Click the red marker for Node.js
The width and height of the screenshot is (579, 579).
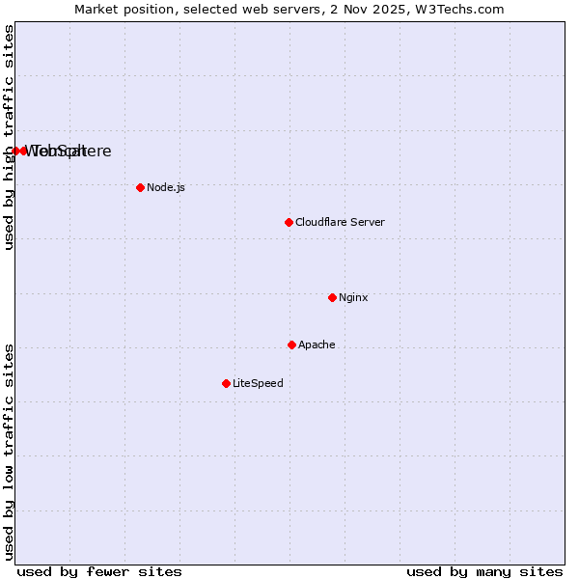click(140, 187)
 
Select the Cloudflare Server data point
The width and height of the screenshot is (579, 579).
click(289, 222)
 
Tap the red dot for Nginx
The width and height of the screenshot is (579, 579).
click(332, 297)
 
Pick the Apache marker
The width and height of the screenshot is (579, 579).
click(291, 345)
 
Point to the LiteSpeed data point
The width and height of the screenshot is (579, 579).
click(226, 383)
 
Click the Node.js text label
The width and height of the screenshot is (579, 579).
click(166, 187)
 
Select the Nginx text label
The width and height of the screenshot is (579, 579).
click(353, 297)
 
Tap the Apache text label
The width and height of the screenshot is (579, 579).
click(317, 345)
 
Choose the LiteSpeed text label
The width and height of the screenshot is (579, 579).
click(258, 383)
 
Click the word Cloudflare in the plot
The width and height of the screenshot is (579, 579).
click(320, 222)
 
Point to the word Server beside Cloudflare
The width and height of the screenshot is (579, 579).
click(367, 222)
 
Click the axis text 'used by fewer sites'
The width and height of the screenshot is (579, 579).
click(99, 571)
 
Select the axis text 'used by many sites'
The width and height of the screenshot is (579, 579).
click(484, 571)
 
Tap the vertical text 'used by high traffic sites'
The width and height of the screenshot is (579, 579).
click(9, 137)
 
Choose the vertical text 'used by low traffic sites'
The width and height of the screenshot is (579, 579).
click(9, 452)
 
